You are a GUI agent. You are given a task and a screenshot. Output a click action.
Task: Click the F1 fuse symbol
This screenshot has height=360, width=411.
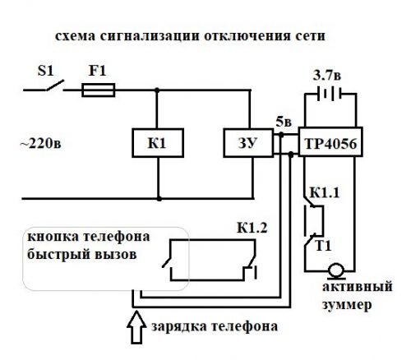pyautogui.click(x=99, y=90)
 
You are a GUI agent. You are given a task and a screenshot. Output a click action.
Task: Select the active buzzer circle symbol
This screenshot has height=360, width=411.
pyautogui.click(x=336, y=270)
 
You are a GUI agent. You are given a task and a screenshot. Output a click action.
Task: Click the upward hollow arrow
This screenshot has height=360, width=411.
pyautogui.click(x=136, y=327)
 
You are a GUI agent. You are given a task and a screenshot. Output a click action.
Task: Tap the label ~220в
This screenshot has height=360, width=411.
pyautogui.click(x=41, y=143)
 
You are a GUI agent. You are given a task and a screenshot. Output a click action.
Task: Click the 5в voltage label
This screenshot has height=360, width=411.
pyautogui.click(x=284, y=122)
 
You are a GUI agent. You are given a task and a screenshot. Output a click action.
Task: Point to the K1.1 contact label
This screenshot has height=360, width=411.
pyautogui.click(x=325, y=192)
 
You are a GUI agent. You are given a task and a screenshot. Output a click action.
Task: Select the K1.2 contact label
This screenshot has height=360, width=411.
pyautogui.click(x=252, y=228)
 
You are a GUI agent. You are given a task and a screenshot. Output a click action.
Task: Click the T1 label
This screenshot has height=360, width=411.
pyautogui.click(x=323, y=246)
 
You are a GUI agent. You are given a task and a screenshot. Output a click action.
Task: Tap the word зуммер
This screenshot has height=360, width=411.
pyautogui.click(x=347, y=305)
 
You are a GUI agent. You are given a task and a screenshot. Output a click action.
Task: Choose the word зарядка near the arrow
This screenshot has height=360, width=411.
pyautogui.click(x=179, y=327)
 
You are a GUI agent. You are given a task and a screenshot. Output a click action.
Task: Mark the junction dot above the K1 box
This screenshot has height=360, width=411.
pyautogui.click(x=157, y=90)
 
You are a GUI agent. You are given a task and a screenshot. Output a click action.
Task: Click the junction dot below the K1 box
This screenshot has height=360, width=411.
pyautogui.click(x=159, y=199)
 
